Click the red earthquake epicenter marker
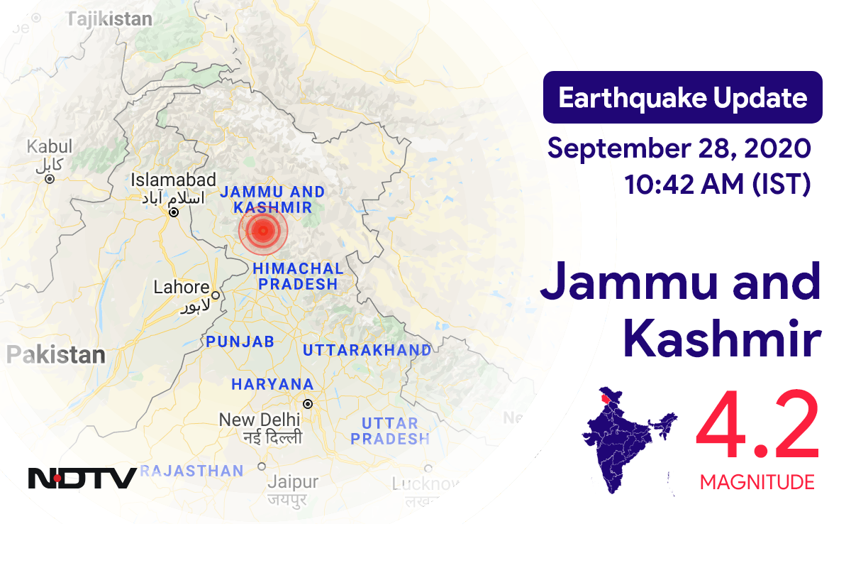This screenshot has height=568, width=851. tap(263, 229)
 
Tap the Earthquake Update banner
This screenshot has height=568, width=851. tap(682, 97)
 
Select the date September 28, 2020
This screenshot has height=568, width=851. tap(679, 148)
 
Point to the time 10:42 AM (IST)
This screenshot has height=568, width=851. tap(717, 184)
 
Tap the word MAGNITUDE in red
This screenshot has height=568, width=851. tap(757, 483)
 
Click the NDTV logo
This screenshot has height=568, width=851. tap(82, 477)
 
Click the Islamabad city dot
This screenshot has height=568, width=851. tap(173, 212)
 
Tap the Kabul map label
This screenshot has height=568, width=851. tap(50, 147)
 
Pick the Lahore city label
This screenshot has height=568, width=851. tap(182, 288)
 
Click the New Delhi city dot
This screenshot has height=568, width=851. tap(307, 404)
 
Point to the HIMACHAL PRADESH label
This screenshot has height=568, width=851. tap(298, 276)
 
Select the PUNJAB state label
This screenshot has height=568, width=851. tap(240, 342)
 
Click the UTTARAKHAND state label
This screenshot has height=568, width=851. tap(367, 350)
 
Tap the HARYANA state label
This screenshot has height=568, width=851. tap(272, 384)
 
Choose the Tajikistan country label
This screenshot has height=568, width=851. tap(109, 18)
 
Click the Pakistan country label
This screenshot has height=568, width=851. tap(56, 355)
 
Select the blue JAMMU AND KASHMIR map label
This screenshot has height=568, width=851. tap(272, 200)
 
